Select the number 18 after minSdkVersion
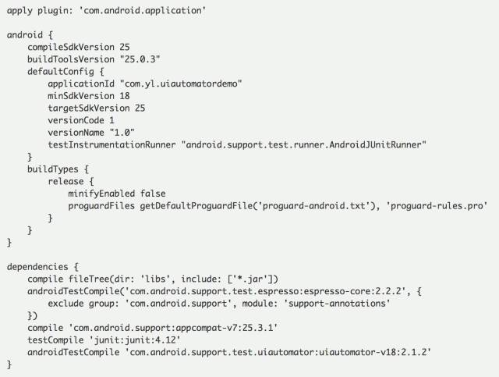click(x=124, y=96)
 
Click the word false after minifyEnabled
click(x=150, y=193)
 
